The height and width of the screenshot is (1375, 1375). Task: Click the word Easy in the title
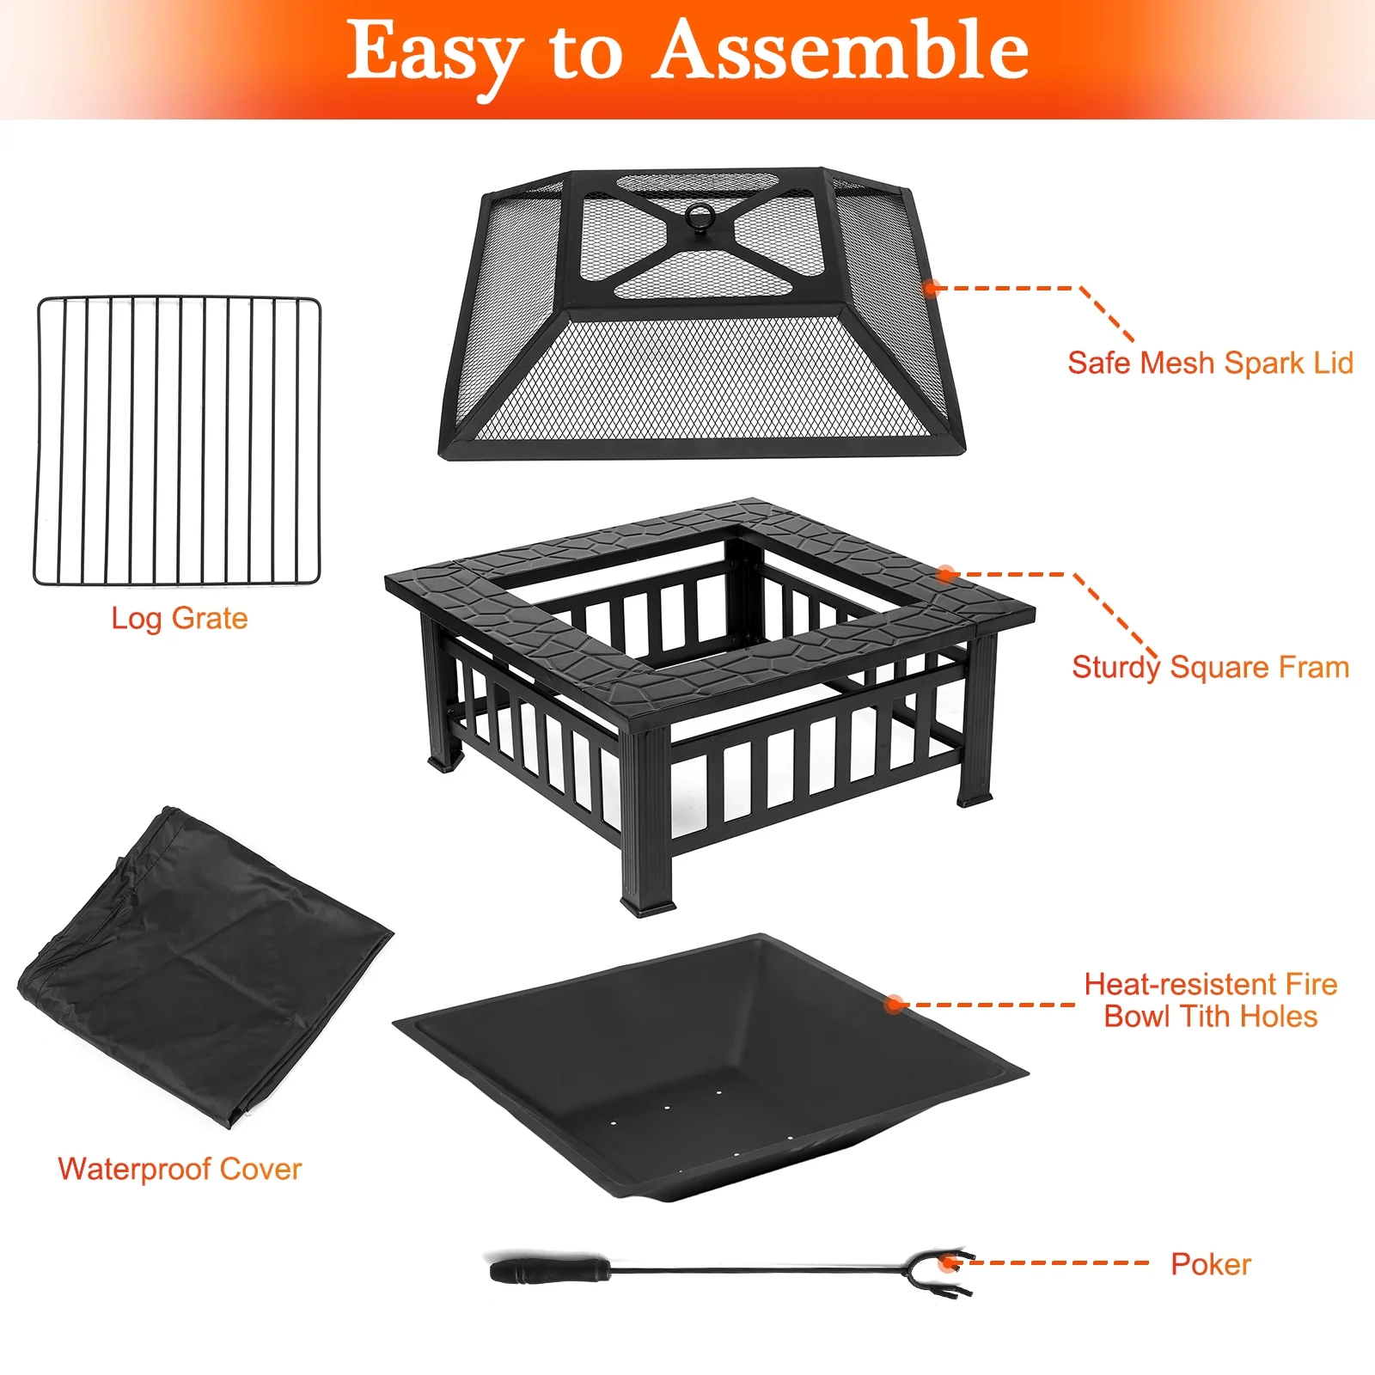pos(435,57)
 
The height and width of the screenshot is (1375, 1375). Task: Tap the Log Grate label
pos(180,619)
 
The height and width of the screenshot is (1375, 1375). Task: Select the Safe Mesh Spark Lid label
pos(1210,363)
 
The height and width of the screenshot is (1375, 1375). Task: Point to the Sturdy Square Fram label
pos(1210,668)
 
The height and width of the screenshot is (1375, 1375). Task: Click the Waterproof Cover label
pos(180,1169)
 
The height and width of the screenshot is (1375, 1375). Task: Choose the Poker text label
pos(1211,1264)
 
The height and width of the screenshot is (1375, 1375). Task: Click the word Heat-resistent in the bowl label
pos(1181,984)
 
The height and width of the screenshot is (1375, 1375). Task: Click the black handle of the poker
pos(550,1269)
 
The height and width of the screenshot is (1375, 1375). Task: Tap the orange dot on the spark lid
pos(931,287)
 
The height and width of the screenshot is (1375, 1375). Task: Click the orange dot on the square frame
pos(946,573)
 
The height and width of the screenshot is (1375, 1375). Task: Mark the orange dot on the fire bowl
pos(895,1004)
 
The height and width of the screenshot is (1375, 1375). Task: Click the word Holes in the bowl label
pos(1279,1017)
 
